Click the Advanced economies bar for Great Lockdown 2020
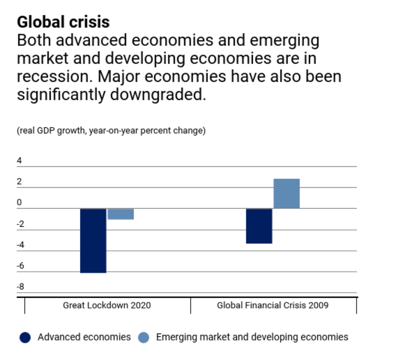click(93, 241)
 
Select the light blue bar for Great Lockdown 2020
click(121, 214)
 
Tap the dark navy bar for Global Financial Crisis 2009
click(259, 226)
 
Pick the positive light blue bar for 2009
click(286, 194)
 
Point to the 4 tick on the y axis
click(20, 161)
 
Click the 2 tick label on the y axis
click(20, 182)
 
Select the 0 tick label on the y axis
click(20, 203)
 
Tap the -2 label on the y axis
click(20, 224)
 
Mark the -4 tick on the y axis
click(20, 245)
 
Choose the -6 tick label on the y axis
click(20, 266)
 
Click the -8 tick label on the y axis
click(20, 287)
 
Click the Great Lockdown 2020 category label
click(107, 306)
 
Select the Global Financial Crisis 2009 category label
click(273, 306)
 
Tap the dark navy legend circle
click(25, 338)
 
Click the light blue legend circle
click(144, 338)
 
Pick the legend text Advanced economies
click(84, 337)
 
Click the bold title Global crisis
click(63, 22)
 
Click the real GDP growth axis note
click(111, 131)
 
